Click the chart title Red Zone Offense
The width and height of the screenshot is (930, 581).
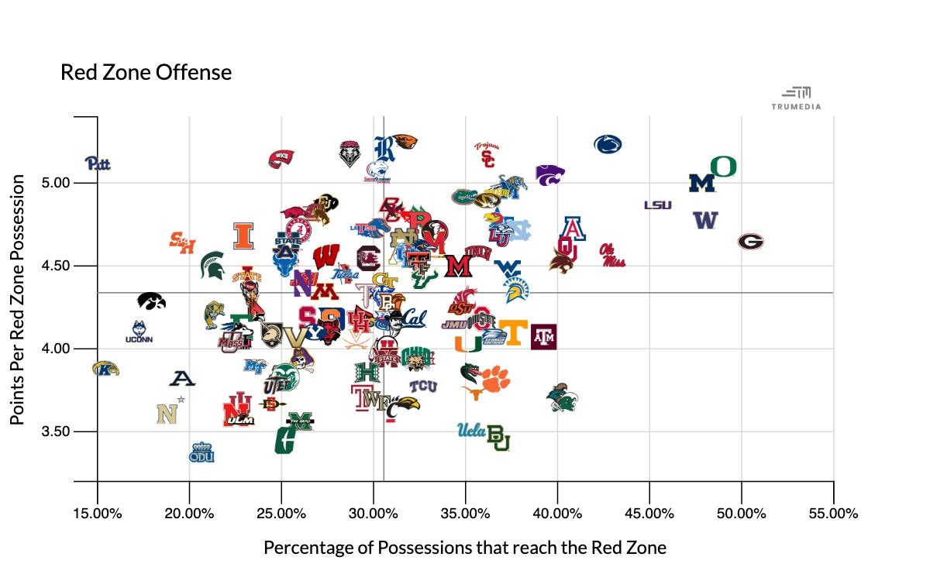tap(146, 73)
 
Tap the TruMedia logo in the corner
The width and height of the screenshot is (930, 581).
tap(795, 98)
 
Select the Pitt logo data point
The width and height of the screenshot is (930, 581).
tap(98, 163)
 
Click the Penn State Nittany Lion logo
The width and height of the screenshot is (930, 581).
tap(608, 144)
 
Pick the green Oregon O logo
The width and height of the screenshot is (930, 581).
tap(723, 166)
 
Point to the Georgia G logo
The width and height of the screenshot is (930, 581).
tap(750, 242)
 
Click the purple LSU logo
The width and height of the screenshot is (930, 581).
tap(657, 205)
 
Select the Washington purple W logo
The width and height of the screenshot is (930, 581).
tap(705, 220)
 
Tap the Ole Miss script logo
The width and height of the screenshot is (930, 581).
tap(612, 256)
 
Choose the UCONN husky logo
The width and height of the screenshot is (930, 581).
tap(139, 332)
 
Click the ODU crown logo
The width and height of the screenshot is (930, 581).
tap(201, 452)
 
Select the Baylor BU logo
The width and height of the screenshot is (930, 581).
tap(498, 438)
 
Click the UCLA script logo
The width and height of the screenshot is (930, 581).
tap(470, 430)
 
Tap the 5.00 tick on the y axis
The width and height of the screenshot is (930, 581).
tap(56, 184)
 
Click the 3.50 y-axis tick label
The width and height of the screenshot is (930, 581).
tap(56, 431)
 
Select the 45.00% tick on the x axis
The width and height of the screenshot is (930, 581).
tap(649, 513)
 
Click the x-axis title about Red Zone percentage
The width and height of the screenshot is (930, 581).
tap(465, 548)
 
